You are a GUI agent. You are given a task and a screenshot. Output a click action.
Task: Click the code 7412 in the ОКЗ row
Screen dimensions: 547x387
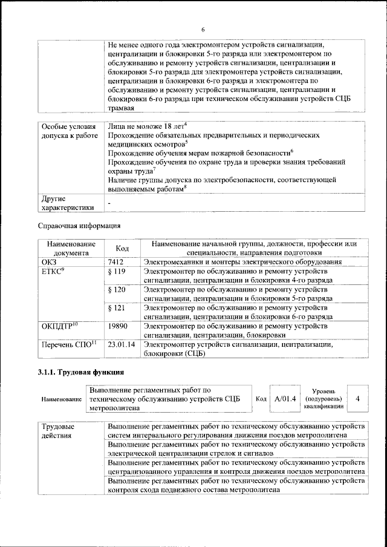coord(115,262)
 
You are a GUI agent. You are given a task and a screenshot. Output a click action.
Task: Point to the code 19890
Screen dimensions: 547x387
coord(117,326)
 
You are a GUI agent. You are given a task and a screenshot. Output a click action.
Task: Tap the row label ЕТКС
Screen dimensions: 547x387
coord(53,272)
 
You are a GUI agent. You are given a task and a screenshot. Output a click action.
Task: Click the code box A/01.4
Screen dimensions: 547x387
coord(284,399)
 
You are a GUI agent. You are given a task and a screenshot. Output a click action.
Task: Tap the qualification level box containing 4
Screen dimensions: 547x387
coord(358,399)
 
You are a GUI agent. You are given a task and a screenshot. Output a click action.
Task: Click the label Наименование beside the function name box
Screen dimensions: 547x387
coord(62,400)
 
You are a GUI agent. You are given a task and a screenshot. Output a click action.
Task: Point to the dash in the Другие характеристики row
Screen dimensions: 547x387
coord(109,204)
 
